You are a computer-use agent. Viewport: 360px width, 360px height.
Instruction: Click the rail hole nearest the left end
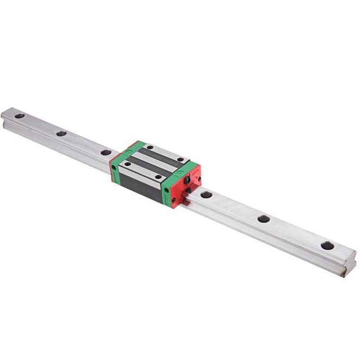click(20, 115)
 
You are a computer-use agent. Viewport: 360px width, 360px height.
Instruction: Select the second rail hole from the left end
click(61, 133)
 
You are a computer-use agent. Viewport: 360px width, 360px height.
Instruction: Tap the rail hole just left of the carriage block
click(106, 152)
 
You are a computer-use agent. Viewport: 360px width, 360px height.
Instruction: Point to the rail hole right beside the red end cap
click(206, 194)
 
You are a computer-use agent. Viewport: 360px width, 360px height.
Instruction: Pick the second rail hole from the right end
click(263, 218)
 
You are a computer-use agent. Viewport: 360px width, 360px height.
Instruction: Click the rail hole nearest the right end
click(327, 245)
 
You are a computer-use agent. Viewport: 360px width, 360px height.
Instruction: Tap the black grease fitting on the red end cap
click(188, 179)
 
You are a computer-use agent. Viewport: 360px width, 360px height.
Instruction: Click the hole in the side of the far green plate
click(113, 168)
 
